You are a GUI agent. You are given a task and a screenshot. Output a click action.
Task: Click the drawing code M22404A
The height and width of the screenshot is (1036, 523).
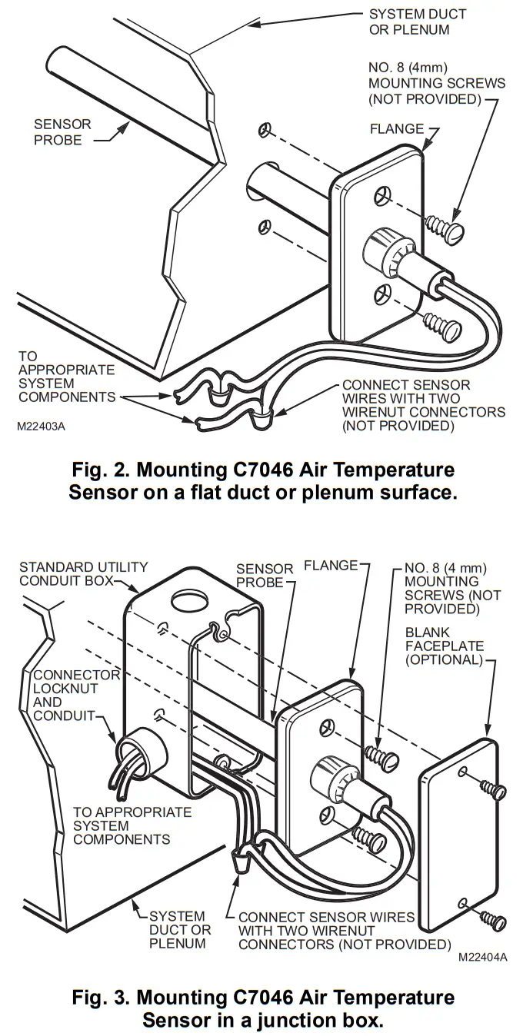pyautogui.click(x=483, y=958)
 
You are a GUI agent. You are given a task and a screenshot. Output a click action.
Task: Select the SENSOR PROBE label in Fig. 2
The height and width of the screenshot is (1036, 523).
pyautogui.click(x=62, y=132)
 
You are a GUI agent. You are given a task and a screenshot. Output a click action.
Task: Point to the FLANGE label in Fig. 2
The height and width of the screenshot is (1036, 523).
pyautogui.click(x=397, y=129)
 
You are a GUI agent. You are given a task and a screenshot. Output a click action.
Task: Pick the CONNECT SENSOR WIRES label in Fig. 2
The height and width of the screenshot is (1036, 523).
pyautogui.click(x=424, y=405)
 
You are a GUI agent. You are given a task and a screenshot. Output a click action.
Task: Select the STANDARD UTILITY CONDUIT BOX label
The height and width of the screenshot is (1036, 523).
pyautogui.click(x=83, y=573)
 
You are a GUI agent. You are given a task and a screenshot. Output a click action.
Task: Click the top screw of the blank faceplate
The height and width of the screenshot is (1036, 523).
pyautogui.click(x=492, y=789)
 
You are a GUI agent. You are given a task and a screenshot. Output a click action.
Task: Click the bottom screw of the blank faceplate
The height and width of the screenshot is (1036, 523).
pyautogui.click(x=492, y=918)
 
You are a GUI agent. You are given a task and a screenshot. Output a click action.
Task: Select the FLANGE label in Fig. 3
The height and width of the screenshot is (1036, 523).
pyautogui.click(x=331, y=566)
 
